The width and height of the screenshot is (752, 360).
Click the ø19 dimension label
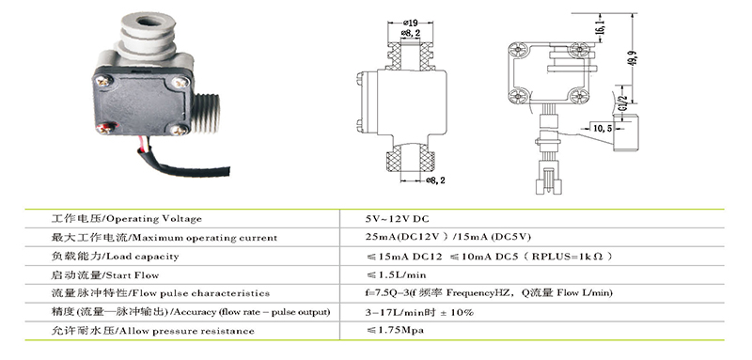pos(411,22)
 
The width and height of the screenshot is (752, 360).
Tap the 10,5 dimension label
pos(602,128)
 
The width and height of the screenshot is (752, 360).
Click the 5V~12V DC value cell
pos(397,219)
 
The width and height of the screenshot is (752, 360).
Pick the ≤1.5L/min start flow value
pos(396,275)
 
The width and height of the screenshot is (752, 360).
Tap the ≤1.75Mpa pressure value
pos(395,330)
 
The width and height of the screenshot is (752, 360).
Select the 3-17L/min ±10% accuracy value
pos(419,313)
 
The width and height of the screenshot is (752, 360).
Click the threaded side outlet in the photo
pos(207,113)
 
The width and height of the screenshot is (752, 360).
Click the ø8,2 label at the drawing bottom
pos(436,180)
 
